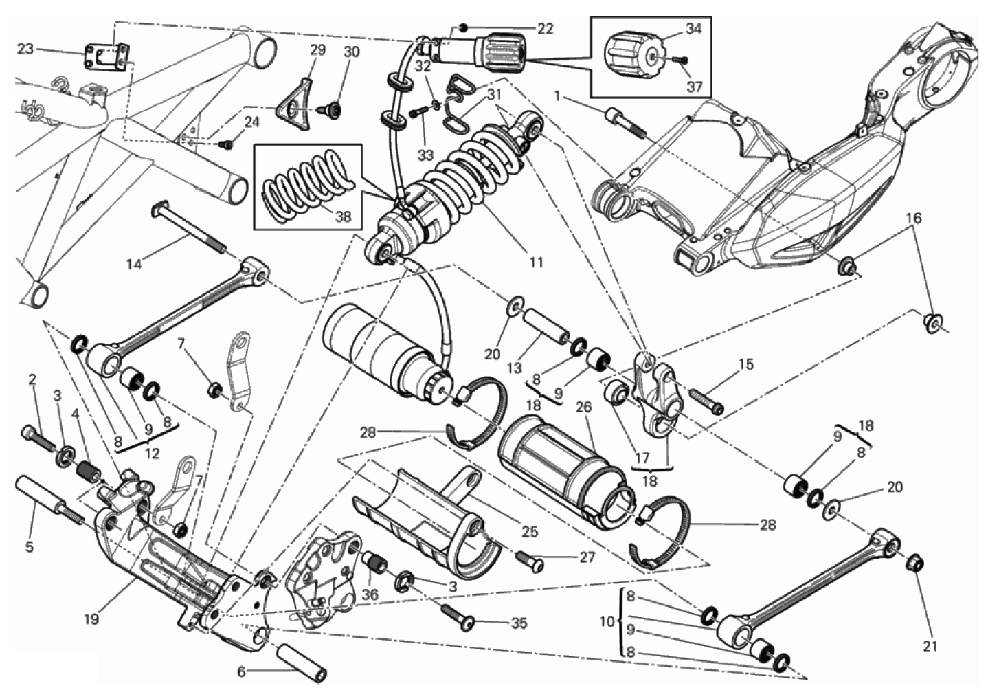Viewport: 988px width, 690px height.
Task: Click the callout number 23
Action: point(25,49)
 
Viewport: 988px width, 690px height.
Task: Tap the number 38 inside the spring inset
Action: point(343,216)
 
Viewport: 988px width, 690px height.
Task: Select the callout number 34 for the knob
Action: point(693,29)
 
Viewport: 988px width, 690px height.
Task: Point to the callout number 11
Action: point(536,263)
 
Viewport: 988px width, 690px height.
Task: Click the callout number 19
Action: point(92,619)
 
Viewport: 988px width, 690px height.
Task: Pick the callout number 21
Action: point(930,646)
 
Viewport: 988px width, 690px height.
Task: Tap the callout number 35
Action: point(519,623)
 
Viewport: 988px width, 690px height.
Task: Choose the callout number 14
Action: point(134,265)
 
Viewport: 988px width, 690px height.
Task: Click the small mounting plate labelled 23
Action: point(107,56)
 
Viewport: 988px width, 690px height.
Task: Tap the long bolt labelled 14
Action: point(189,227)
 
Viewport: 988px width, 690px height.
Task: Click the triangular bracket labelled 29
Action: point(294,104)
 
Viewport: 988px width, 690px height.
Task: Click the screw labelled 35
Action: point(458,616)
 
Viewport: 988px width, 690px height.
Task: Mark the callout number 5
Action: point(29,547)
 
